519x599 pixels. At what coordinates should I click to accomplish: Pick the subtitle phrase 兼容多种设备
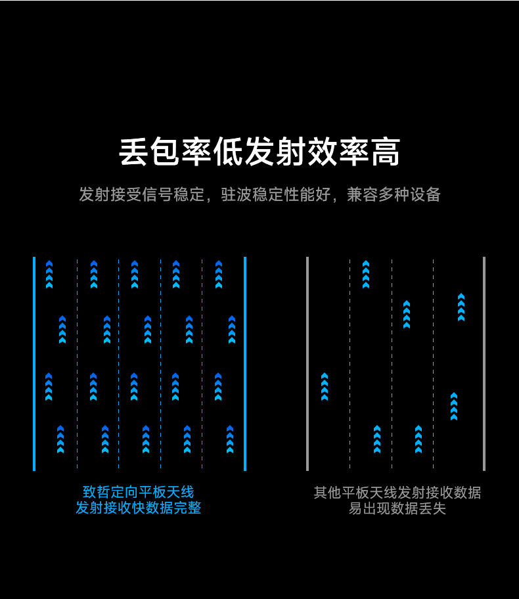pyautogui.click(x=394, y=194)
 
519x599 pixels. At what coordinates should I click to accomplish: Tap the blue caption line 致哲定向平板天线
pyautogui.click(x=139, y=492)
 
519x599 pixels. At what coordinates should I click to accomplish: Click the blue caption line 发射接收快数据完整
pyautogui.click(x=139, y=508)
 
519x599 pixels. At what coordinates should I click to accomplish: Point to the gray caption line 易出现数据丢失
pyautogui.click(x=397, y=508)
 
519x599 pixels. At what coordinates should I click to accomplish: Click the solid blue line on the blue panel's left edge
pyautogui.click(x=34, y=363)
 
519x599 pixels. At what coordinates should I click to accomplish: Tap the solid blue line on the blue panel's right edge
pyautogui.click(x=245, y=363)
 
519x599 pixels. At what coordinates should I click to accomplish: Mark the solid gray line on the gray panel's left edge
pyautogui.click(x=307, y=363)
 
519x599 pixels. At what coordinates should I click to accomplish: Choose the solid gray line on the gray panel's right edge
pyautogui.click(x=484, y=363)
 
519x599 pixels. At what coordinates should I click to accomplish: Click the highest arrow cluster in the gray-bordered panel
pyautogui.click(x=366, y=275)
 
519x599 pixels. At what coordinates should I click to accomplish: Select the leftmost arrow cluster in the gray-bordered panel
pyautogui.click(x=325, y=386)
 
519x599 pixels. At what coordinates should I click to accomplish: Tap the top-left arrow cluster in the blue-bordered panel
pyautogui.click(x=49, y=275)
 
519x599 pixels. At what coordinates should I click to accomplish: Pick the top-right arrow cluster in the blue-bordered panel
pyautogui.click(x=219, y=275)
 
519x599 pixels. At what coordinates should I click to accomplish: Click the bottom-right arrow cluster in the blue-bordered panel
pyautogui.click(x=230, y=439)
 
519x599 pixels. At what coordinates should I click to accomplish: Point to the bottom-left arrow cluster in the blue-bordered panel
pyautogui.click(x=60, y=439)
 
